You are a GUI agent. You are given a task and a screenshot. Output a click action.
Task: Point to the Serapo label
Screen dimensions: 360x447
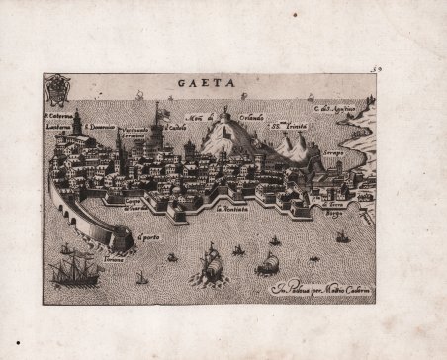(x=337, y=153)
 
